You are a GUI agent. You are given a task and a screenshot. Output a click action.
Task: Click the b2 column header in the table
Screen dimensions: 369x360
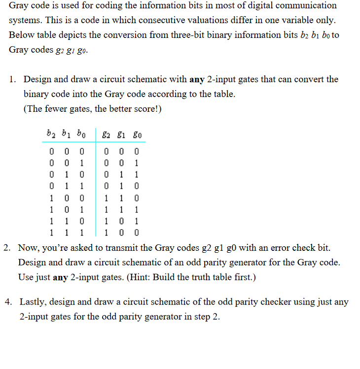point(50,133)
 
